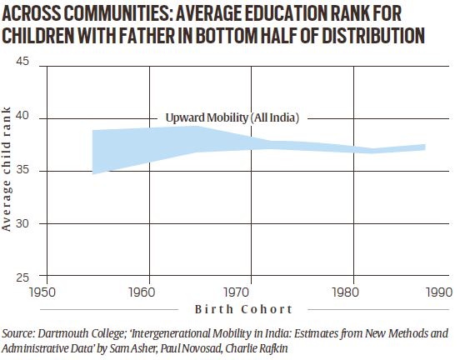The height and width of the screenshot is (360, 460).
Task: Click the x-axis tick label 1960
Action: click(149, 292)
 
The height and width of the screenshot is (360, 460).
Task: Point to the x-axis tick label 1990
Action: click(437, 292)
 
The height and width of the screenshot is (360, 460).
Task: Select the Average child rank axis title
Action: click(8, 170)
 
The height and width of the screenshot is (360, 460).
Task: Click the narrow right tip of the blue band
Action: click(424, 147)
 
